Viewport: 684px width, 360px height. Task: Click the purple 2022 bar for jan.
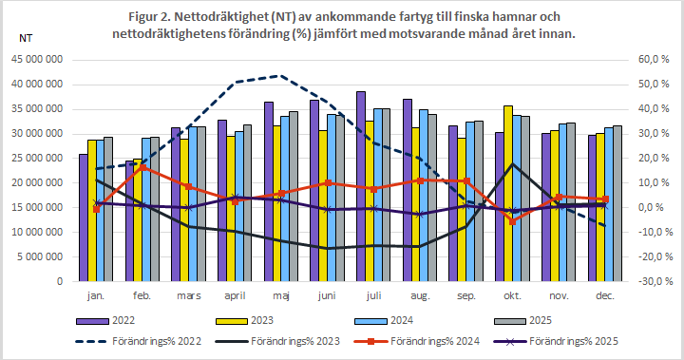pos(83,218)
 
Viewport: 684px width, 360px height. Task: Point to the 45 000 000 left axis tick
pos(37,59)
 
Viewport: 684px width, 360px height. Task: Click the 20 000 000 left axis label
pos(37,182)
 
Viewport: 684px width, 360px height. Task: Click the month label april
pos(235,296)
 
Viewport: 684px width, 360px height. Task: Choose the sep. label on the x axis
pos(466,296)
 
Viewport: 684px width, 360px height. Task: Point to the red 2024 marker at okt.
pos(513,221)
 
